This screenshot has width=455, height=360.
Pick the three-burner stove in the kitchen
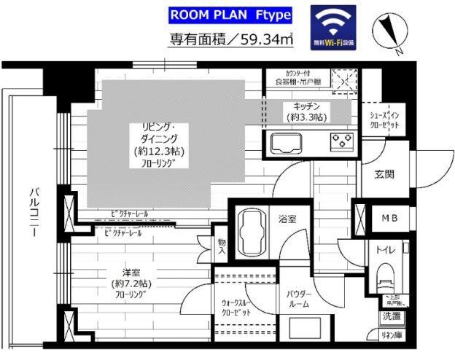click(341, 141)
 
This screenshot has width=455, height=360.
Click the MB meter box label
click(385, 217)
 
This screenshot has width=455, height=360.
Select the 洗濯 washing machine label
click(389, 316)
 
